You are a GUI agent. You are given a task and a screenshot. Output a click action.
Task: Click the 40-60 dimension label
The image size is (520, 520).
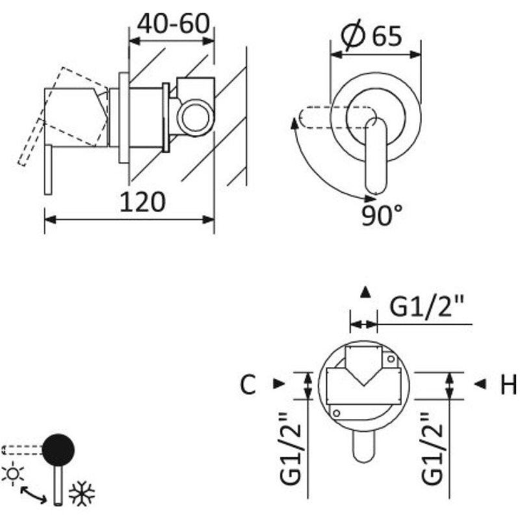click(174, 24)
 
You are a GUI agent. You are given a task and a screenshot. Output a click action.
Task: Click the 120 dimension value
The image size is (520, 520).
click(142, 202)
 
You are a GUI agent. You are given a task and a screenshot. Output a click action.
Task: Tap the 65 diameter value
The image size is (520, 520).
click(387, 36)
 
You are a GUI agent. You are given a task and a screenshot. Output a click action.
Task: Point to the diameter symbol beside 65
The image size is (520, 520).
click(353, 35)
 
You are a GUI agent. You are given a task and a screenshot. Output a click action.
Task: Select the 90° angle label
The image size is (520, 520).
click(382, 215)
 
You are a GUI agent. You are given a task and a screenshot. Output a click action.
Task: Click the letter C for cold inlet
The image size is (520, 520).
click(248, 384)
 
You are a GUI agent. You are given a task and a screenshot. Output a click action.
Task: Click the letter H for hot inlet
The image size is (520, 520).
click(508, 384)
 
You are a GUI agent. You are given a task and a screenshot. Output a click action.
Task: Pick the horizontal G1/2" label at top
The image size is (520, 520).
click(426, 306)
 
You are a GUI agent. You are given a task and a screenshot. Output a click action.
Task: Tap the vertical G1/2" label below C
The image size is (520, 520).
click(291, 448)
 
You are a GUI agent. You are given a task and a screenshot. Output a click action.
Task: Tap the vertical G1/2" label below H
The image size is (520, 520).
click(432, 448)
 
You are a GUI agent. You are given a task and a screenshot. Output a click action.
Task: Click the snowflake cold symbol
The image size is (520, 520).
click(82, 494)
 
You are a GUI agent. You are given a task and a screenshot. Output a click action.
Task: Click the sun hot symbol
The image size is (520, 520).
click(13, 474)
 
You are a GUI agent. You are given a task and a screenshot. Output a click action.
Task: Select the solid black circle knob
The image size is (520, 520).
click(58, 450)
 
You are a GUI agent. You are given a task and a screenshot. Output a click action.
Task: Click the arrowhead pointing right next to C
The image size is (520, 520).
click(279, 383)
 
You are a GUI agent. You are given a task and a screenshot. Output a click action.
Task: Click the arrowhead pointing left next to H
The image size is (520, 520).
click(480, 384)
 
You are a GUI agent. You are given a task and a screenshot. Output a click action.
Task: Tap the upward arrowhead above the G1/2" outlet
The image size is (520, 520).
click(365, 292)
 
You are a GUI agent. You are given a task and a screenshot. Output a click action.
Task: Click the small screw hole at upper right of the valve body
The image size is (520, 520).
click(391, 359)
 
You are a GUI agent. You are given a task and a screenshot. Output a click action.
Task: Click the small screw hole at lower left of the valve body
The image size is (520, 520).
click(336, 413)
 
